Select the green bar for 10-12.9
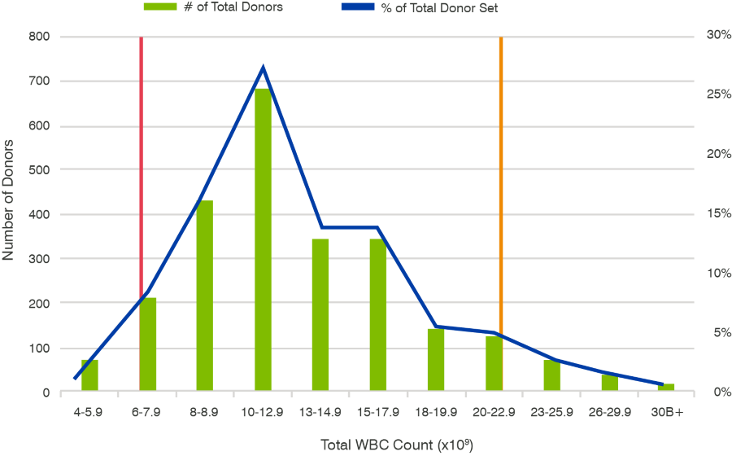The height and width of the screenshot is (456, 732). [x=263, y=244]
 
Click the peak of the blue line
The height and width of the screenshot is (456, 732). [x=263, y=68]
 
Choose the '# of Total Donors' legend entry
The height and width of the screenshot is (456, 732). [x=213, y=8]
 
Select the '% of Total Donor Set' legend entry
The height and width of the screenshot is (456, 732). [x=439, y=8]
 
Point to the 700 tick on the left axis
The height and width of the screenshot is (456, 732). [x=38, y=81]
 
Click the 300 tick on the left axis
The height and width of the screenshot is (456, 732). [x=38, y=259]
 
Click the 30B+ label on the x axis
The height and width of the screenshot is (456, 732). [x=667, y=412]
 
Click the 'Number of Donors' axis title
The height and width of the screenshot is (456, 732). [x=9, y=204]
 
